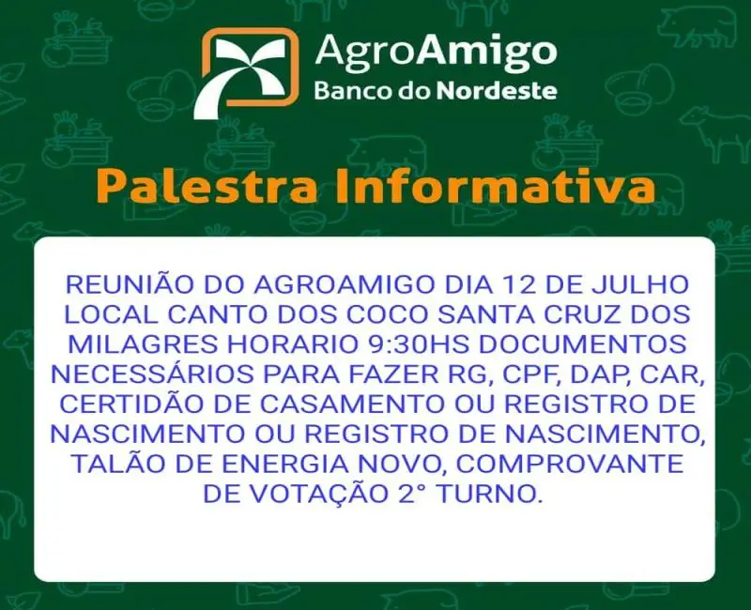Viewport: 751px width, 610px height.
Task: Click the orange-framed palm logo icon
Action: point(246,72)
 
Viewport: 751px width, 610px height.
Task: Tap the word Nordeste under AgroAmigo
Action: point(498,90)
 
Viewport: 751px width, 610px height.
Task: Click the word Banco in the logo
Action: point(353,90)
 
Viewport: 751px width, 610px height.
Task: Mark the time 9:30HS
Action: point(420,344)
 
